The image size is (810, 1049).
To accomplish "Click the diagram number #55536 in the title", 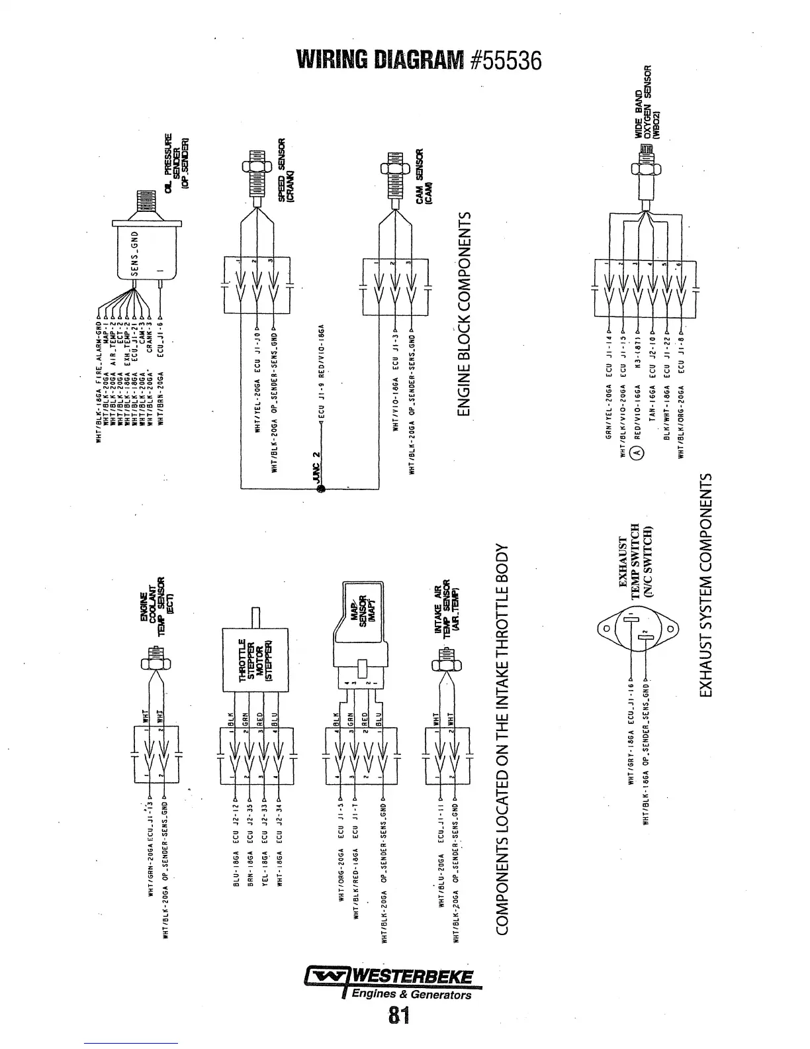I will pyautogui.click(x=504, y=61).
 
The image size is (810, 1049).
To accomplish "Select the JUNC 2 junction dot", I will pyautogui.click(x=321, y=489).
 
